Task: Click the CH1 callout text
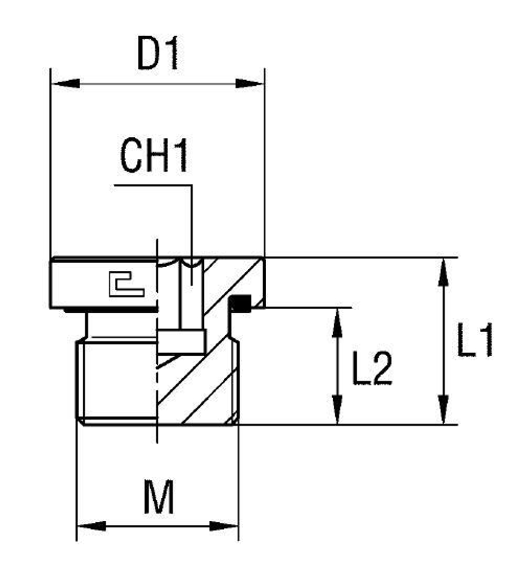click(154, 156)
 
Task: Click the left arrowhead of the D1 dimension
click(66, 83)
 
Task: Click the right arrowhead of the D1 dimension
click(249, 83)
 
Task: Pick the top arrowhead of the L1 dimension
click(443, 272)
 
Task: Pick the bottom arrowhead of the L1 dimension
click(443, 410)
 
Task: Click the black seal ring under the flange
click(241, 303)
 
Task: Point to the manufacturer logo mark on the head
click(126, 284)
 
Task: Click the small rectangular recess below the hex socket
click(181, 342)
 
